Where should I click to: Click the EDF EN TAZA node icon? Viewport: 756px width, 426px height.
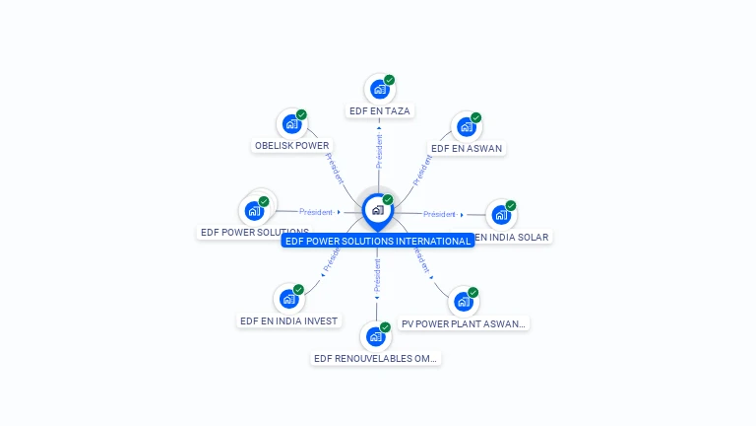(x=379, y=90)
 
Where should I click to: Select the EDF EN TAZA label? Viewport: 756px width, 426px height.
(x=379, y=111)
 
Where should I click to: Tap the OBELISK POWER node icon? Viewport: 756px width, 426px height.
(x=291, y=124)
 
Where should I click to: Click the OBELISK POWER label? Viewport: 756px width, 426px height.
(x=291, y=146)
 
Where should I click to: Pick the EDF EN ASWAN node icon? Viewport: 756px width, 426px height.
(x=467, y=127)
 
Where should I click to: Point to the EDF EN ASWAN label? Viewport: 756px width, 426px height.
(x=467, y=149)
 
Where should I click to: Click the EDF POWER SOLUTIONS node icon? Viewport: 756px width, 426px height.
(x=254, y=210)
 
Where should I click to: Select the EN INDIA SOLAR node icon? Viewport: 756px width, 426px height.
(x=501, y=214)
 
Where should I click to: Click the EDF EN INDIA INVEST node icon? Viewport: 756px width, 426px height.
(x=288, y=299)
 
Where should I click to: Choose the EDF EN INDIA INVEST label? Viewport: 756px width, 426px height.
(x=288, y=320)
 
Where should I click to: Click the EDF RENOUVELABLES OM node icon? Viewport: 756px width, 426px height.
(x=375, y=336)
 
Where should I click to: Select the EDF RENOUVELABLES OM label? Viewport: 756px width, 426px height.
(x=375, y=358)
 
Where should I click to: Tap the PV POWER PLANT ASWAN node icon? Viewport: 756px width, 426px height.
(x=464, y=302)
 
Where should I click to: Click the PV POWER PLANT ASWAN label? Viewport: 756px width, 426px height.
(x=464, y=323)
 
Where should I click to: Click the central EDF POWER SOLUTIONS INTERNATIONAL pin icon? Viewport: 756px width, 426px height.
(x=377, y=210)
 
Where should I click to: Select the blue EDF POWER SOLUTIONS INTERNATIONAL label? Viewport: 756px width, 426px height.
(x=378, y=241)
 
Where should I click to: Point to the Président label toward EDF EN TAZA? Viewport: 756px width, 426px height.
(x=379, y=152)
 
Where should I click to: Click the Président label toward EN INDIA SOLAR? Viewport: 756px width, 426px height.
(x=439, y=214)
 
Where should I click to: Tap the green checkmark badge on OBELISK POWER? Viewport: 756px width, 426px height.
(x=301, y=114)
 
